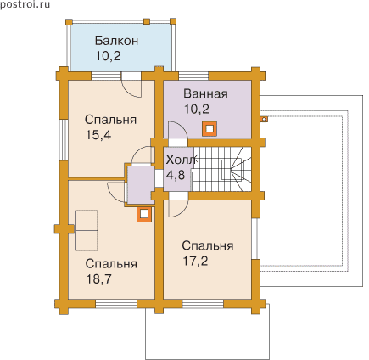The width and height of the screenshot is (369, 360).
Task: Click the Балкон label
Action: pyautogui.click(x=116, y=41)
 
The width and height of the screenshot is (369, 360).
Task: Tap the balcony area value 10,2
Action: pyautogui.click(x=108, y=56)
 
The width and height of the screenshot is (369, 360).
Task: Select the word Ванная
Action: pyautogui.click(x=205, y=93)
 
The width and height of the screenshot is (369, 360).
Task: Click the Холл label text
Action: pyautogui.click(x=181, y=160)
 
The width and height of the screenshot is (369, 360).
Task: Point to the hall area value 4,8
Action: pyautogui.click(x=176, y=175)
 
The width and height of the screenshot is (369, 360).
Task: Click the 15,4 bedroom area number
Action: pyautogui.click(x=98, y=135)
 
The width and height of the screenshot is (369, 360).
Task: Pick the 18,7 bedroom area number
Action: pyautogui.click(x=98, y=279)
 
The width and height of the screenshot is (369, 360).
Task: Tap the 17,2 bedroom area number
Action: pyautogui.click(x=195, y=261)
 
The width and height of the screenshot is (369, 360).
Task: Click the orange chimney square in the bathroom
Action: pyautogui.click(x=210, y=129)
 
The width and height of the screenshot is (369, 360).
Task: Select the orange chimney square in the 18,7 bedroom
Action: pyautogui.click(x=144, y=214)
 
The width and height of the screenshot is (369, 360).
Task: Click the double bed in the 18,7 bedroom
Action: pyautogui.click(x=87, y=230)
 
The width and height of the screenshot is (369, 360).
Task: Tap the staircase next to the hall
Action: pyautogui.click(x=221, y=169)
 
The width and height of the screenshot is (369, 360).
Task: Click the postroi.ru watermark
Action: pyautogui.click(x=25, y=5)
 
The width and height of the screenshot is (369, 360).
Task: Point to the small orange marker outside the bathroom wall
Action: pyautogui.click(x=264, y=119)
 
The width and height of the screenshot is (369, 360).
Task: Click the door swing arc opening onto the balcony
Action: pyautogui.click(x=131, y=88)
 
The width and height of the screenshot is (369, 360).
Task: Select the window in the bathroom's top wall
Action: pyautogui.click(x=193, y=76)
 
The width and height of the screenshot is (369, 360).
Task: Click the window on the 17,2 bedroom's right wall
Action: pyautogui.click(x=255, y=239)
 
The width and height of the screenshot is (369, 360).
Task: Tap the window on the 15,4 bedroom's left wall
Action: pyautogui.click(x=64, y=140)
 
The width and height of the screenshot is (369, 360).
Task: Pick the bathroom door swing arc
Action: pyautogui.click(x=177, y=130)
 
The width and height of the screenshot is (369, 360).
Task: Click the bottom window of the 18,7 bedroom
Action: pyautogui.click(x=116, y=304)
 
